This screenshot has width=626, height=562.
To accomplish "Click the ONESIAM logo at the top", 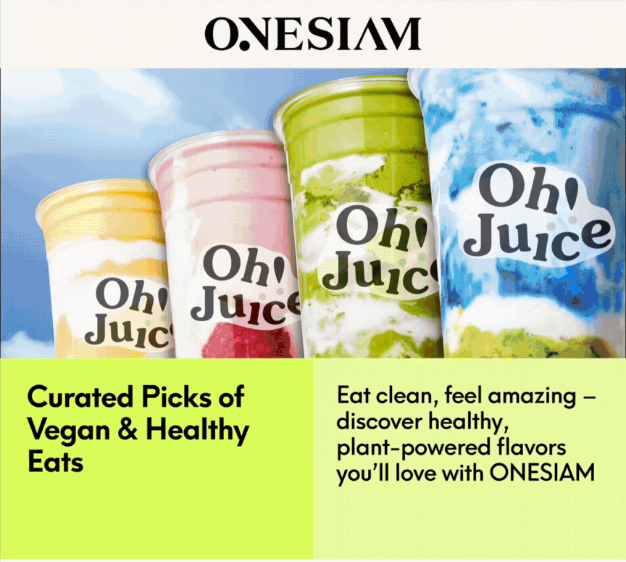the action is [x=312, y=34].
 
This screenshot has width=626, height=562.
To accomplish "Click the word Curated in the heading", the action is [x=80, y=397].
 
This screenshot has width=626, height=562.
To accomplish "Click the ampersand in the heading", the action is [x=128, y=430].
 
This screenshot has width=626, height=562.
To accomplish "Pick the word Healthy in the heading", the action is [x=197, y=431].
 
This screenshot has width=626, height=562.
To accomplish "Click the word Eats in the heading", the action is [x=56, y=462].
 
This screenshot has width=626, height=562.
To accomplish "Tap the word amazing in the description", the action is [x=532, y=397].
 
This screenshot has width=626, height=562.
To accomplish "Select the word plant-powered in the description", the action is [x=414, y=448].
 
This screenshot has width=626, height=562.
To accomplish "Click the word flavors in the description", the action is [x=531, y=447].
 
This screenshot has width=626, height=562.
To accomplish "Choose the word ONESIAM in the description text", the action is [x=542, y=473].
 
